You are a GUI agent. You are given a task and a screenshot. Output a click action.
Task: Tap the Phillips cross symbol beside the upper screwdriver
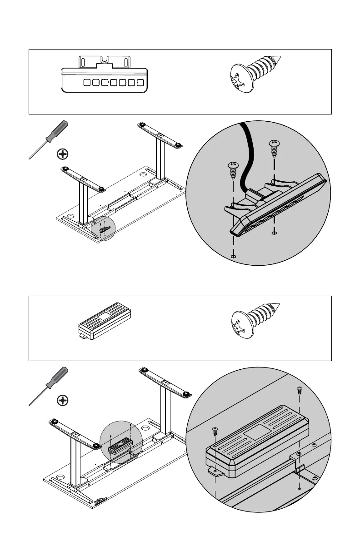63,154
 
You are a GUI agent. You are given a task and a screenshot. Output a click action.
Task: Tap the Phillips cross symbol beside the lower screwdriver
63,400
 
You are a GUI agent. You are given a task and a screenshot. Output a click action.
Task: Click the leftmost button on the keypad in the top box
86,83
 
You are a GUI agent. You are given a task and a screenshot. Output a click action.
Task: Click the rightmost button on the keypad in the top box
140,83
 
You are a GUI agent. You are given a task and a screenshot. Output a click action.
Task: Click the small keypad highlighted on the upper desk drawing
103,230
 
